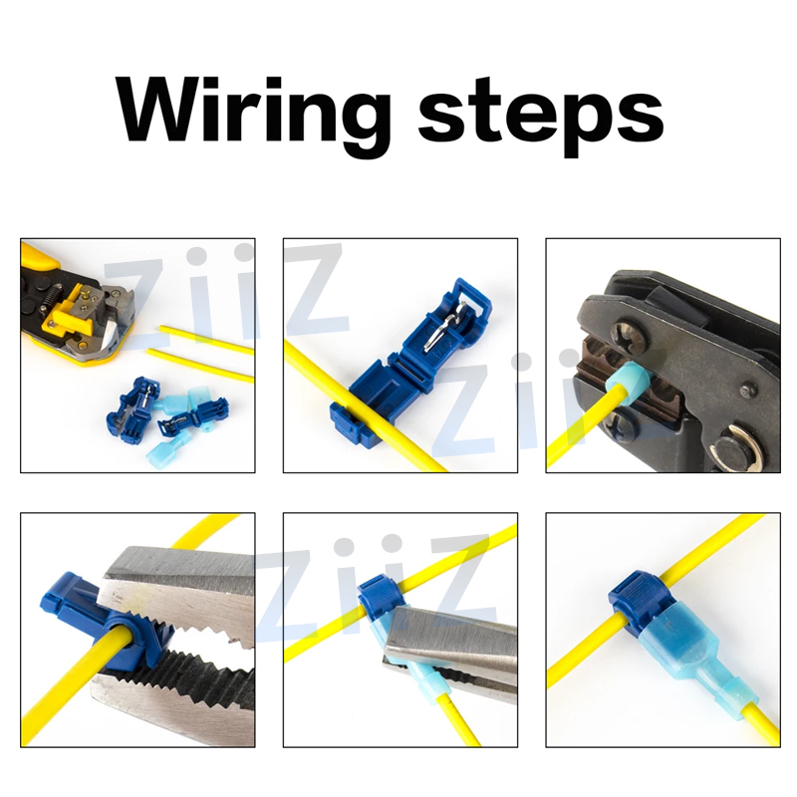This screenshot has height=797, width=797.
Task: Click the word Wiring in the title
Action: (253, 112)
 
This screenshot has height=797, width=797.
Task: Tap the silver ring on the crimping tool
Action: (742, 448)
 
